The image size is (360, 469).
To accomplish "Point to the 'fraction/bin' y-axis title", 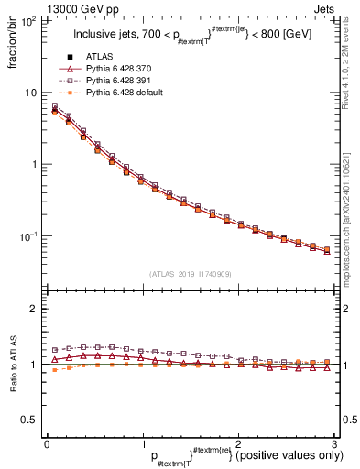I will tap(13, 45).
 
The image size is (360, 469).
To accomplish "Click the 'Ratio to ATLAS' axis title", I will tap(13, 366).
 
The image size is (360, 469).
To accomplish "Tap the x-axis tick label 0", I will tap(47, 442).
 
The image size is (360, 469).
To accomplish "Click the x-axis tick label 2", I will tap(237, 442).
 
